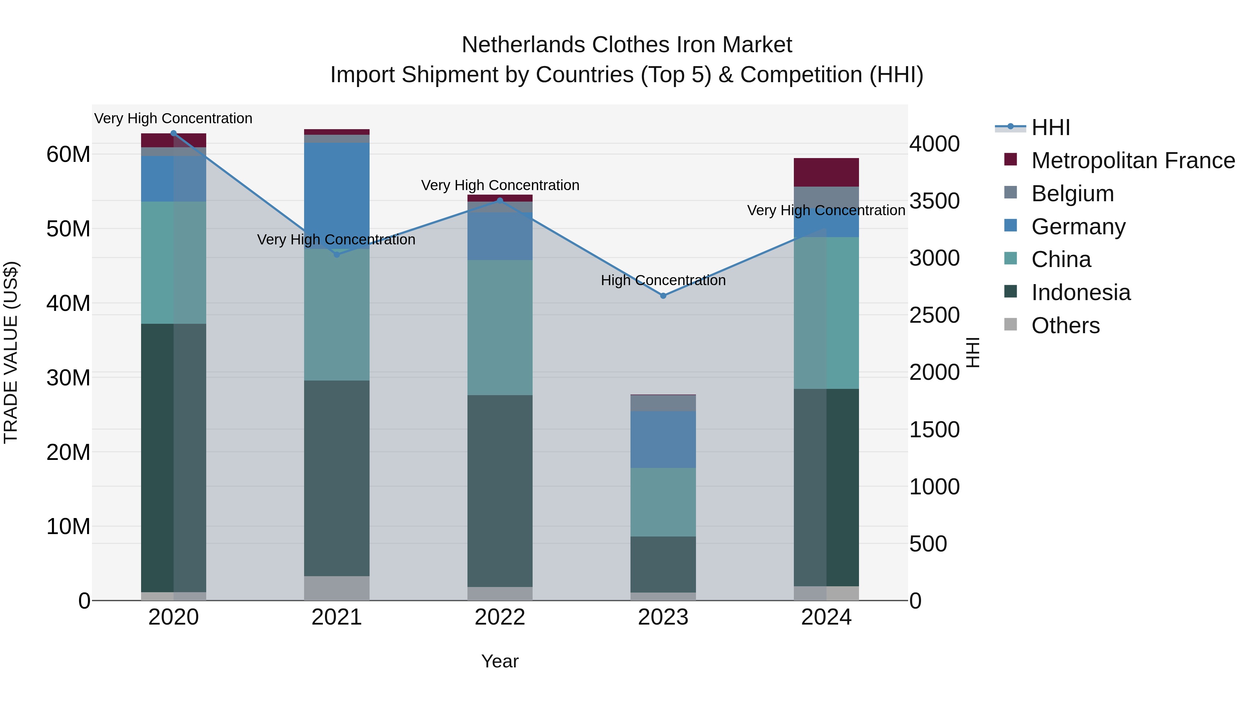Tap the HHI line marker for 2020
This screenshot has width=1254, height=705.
[x=173, y=133]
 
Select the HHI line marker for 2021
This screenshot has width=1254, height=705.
[x=336, y=254]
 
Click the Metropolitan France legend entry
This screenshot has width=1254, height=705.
[x=1133, y=160]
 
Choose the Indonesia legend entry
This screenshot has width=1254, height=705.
[x=1081, y=292]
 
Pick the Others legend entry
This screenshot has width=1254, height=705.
[x=1065, y=326]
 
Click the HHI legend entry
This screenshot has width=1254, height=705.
[x=1051, y=127]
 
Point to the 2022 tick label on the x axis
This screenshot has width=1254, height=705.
[x=500, y=617]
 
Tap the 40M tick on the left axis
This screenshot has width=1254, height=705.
[x=68, y=303]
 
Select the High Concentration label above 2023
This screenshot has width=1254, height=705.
[x=663, y=280]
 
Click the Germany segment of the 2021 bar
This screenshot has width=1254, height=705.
[x=336, y=195]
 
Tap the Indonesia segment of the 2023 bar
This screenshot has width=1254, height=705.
[x=663, y=564]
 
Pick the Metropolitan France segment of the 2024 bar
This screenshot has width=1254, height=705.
[x=826, y=172]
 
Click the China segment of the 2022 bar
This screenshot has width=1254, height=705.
[x=500, y=328]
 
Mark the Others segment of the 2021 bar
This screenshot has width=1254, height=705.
[x=336, y=588]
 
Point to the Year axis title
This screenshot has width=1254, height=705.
[x=500, y=661]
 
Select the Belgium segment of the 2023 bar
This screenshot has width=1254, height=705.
[x=663, y=403]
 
